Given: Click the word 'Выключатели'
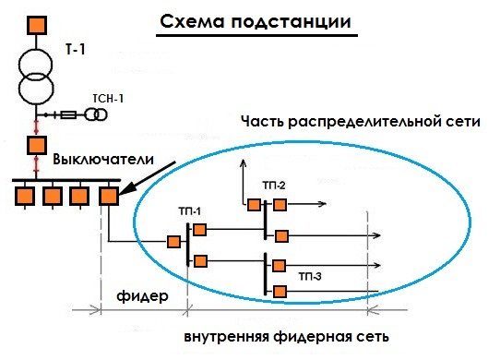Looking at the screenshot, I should [102, 160].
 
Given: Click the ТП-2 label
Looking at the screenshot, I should [274, 186].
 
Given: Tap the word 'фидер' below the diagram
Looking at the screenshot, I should [142, 298].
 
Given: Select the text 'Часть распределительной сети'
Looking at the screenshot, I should [361, 122].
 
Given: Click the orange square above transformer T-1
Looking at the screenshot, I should [36, 23].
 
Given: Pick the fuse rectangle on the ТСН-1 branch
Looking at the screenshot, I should [68, 114].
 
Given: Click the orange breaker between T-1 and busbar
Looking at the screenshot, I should [36, 144].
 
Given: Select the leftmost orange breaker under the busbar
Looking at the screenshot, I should [25, 195].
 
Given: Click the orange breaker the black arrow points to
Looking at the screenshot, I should [108, 195].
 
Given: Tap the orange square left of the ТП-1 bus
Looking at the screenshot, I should [173, 242].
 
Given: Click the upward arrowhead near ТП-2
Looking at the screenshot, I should [243, 162].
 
